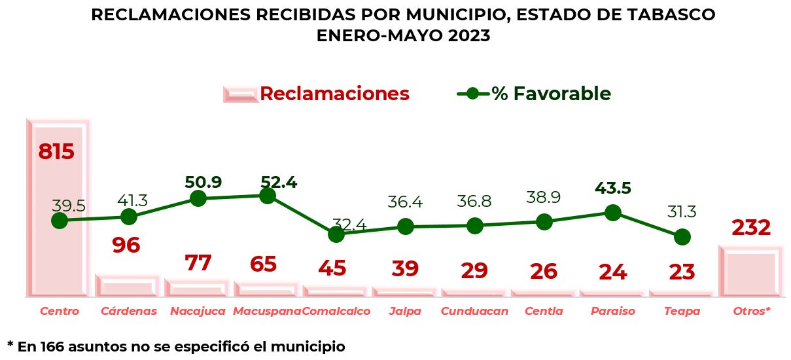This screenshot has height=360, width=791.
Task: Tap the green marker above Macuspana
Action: [x=267, y=195]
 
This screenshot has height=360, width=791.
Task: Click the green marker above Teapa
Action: [x=682, y=237]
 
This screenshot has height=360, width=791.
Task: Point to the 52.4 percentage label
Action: [x=279, y=183]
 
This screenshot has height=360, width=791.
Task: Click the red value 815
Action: [x=56, y=151]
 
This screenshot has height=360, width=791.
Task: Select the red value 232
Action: [x=751, y=228]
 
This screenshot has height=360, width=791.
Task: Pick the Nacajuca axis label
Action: [x=198, y=312]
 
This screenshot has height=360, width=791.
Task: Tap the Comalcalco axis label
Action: [x=336, y=312]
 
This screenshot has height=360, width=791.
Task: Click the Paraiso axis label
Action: [x=613, y=312]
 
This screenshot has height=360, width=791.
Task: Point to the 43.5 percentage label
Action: [x=613, y=189]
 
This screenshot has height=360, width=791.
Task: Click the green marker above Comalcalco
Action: [x=336, y=234]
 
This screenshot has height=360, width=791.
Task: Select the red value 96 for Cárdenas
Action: [x=126, y=245]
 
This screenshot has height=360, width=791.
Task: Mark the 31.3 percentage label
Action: [x=682, y=212]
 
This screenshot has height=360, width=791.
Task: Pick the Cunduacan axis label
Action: [x=474, y=312]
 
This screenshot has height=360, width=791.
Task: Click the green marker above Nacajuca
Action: [x=198, y=198]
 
